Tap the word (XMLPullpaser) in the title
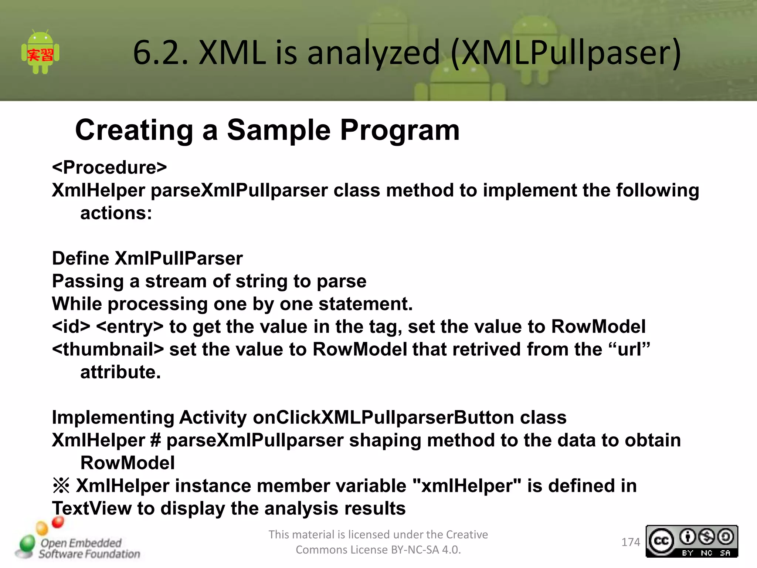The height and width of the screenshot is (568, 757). click(566, 53)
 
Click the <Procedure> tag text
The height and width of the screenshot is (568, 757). click(109, 168)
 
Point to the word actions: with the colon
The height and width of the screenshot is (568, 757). click(116, 213)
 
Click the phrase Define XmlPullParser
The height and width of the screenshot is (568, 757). click(147, 258)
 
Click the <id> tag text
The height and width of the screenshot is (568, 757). click(71, 327)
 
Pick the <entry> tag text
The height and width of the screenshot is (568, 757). click(129, 327)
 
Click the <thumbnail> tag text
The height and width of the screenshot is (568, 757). click(108, 349)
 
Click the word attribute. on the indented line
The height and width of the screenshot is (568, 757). click(120, 372)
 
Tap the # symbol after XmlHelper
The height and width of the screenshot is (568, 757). click(156, 440)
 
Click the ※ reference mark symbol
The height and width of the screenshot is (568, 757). click(61, 486)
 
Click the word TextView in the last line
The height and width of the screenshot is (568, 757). click(91, 508)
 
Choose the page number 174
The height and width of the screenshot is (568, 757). click(631, 542)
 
